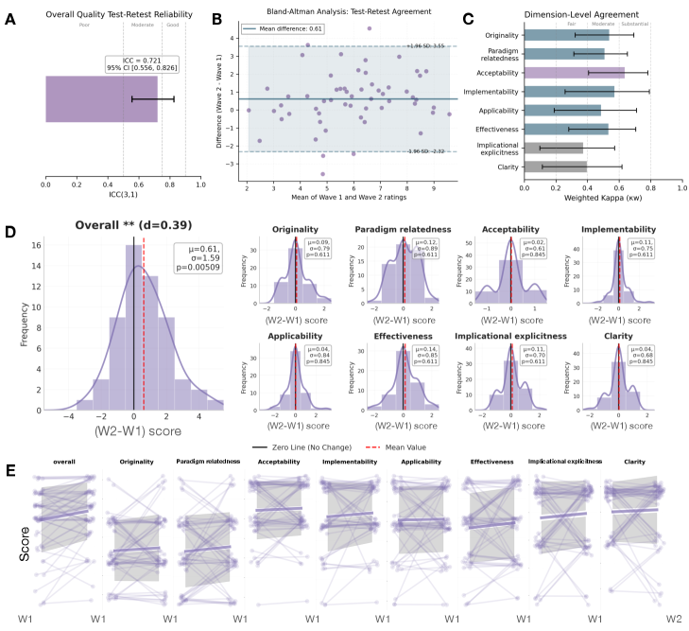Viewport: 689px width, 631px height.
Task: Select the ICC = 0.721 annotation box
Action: [140, 65]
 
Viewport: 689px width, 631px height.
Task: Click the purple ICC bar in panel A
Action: [101, 98]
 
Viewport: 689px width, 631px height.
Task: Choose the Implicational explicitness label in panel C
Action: [491, 148]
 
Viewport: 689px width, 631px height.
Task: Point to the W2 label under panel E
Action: [673, 618]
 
